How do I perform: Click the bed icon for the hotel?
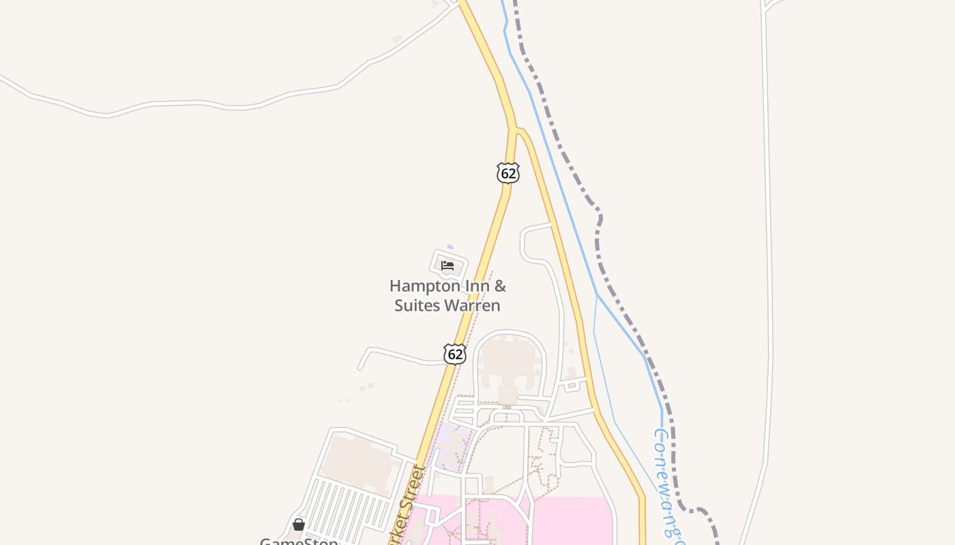coord(447,265)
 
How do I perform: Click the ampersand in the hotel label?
coord(501,286)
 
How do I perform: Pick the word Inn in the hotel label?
coord(473,286)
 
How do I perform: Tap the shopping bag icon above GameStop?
coord(299,524)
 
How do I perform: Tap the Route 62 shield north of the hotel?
coord(508,173)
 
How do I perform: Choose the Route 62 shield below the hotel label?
coord(455,354)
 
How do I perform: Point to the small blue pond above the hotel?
coord(450,247)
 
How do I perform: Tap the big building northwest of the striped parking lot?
coord(360,463)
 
